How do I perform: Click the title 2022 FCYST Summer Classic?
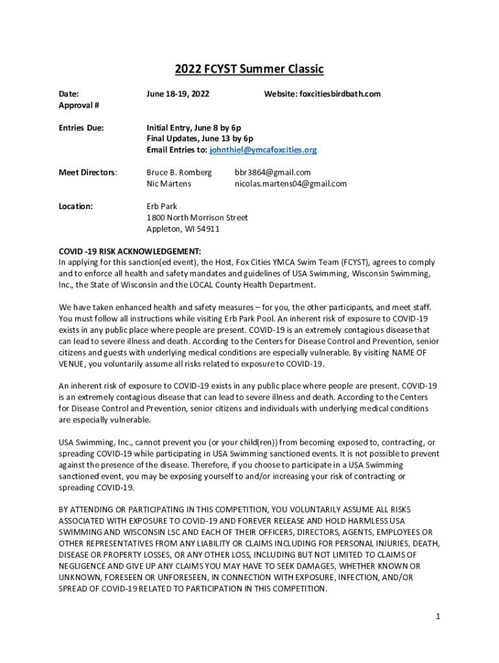[250, 69]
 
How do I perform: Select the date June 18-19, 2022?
[178, 94]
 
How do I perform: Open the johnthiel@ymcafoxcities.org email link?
[262, 150]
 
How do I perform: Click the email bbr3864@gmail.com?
[272, 172]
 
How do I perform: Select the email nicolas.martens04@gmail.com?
[290, 183]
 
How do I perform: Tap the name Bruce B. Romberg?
[179, 172]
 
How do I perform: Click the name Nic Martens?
[168, 183]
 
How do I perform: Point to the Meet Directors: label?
[88, 172]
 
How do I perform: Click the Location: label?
[76, 206]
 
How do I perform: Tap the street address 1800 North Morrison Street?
[197, 218]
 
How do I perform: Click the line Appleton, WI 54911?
[183, 229]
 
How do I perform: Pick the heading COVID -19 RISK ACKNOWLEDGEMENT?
[130, 251]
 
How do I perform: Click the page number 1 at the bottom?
[438, 616]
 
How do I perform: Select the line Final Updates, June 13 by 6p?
[200, 139]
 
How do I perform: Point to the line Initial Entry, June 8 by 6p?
[194, 128]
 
